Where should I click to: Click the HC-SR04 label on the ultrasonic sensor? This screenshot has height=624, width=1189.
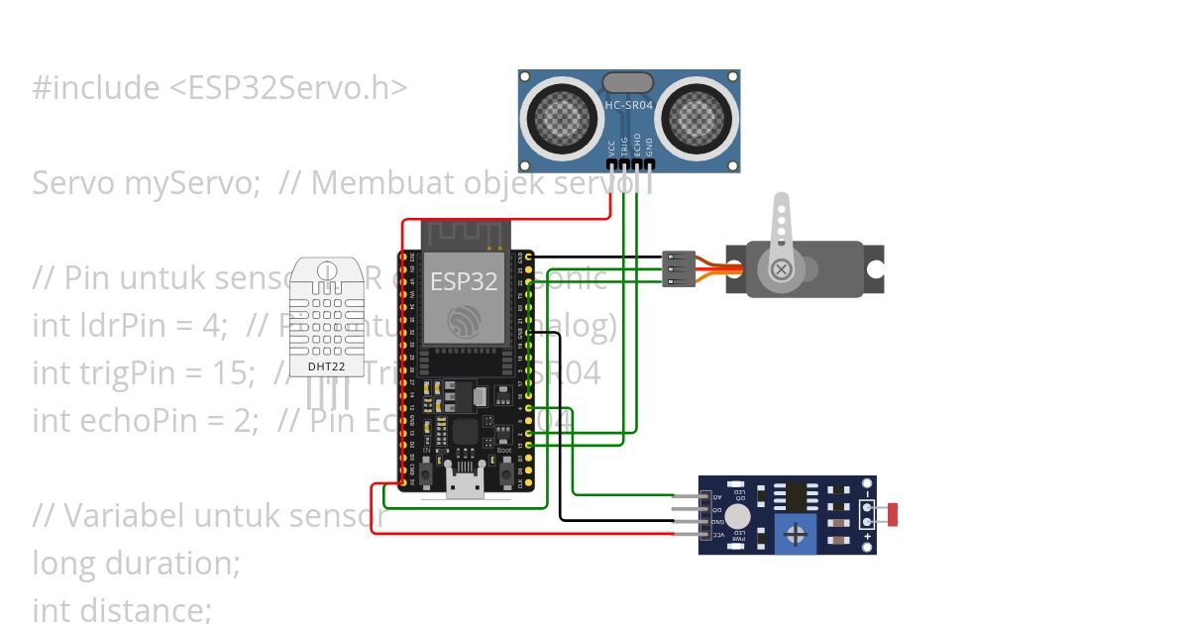(628, 104)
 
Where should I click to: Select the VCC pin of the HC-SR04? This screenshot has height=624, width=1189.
(611, 163)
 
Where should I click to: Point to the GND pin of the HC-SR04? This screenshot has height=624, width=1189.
(650, 163)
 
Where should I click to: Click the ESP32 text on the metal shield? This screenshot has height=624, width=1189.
(463, 281)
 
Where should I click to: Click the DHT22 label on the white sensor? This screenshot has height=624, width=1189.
(327, 366)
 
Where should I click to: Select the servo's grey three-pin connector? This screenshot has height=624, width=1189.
(680, 268)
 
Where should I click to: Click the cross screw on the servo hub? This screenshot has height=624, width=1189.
(783, 268)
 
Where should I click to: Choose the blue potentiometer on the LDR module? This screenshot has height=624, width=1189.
(795, 533)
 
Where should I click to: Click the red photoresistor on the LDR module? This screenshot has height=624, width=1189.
(894, 514)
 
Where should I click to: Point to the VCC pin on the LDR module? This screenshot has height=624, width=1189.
(705, 534)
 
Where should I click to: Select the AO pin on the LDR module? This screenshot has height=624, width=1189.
(705, 496)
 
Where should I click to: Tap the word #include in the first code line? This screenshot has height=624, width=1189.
(95, 88)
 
